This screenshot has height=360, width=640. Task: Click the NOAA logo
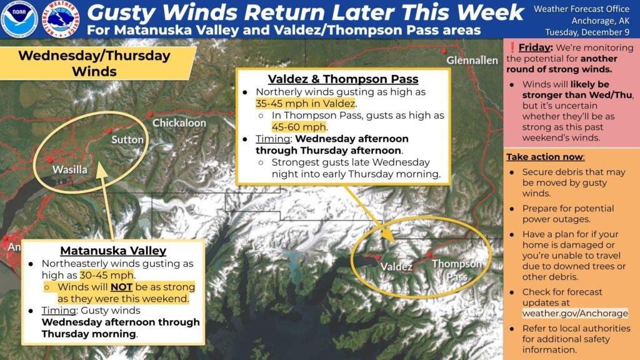[x=19, y=19]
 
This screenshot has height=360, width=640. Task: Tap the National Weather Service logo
[x=61, y=19]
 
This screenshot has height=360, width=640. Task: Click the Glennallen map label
[x=472, y=61]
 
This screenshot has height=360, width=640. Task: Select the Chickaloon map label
[x=179, y=123]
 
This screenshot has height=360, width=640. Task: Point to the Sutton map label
[x=127, y=139]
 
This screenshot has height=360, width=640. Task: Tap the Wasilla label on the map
[x=70, y=169]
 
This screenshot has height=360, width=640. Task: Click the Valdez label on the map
[x=396, y=267]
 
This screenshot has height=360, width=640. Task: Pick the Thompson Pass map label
[x=457, y=270]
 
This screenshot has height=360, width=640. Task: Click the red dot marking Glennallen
[x=444, y=51]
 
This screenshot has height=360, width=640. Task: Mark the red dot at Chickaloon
[x=150, y=114]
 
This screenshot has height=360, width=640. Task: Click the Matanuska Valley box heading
[x=113, y=251]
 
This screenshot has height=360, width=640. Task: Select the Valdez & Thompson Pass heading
[x=343, y=79]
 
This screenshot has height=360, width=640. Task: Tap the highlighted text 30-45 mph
[x=106, y=275]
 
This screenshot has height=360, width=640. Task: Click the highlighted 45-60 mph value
[x=299, y=127]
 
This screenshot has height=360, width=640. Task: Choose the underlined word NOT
[x=121, y=287]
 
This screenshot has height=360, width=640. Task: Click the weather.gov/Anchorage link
[x=575, y=314]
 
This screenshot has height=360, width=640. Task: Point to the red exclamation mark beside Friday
[x=512, y=47]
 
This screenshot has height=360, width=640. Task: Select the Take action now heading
[x=545, y=157]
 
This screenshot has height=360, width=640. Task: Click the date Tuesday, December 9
[x=587, y=32]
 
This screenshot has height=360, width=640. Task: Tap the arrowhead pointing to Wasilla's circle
[x=102, y=170]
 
